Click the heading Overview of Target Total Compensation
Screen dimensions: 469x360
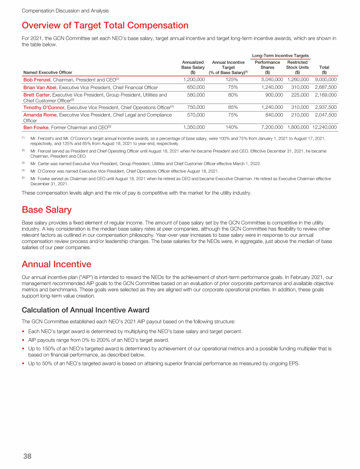[105, 25]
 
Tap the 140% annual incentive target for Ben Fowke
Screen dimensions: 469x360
[228, 127]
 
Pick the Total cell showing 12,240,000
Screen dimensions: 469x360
[324, 127]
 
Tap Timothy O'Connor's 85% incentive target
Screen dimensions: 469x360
[228, 107]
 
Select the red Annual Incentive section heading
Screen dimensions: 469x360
[56, 264]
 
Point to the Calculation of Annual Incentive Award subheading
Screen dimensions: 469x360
[85, 310]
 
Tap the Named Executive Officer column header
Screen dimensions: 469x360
[47, 72]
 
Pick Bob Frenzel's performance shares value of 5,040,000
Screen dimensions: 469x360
[269, 80]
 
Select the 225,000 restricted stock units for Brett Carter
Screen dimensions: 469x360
[299, 95]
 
